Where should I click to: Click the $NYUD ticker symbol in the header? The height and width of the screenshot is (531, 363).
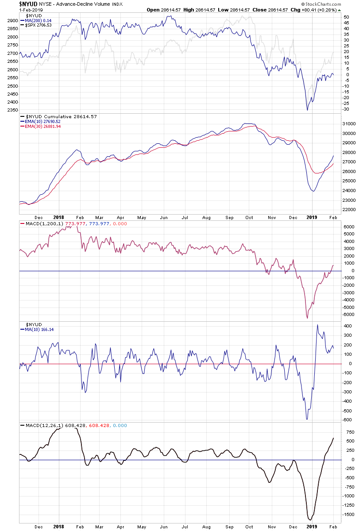coord(27,4)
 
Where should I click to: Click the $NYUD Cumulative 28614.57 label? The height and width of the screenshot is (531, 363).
coord(62,116)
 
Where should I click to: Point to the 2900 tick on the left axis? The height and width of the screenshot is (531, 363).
coord(12,21)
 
